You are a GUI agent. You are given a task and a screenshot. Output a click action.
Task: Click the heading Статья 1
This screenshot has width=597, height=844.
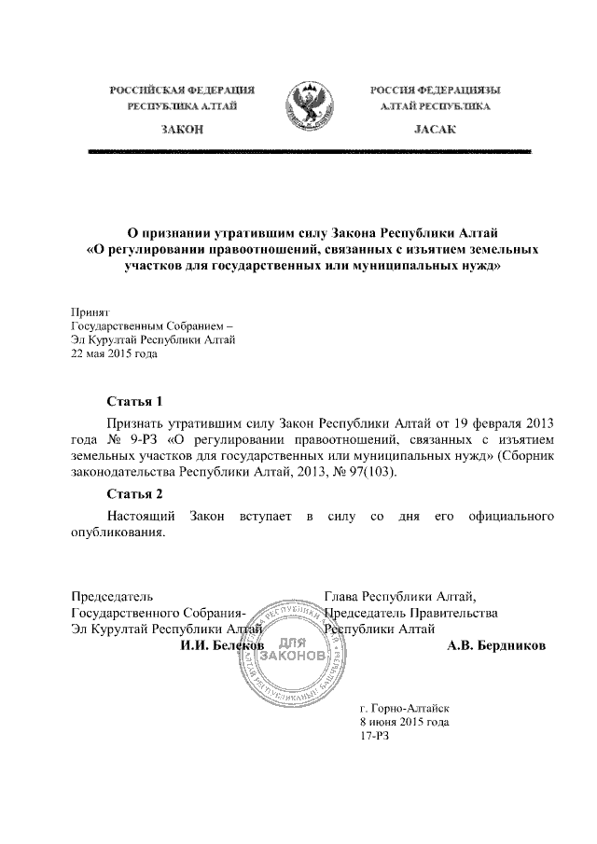(135, 402)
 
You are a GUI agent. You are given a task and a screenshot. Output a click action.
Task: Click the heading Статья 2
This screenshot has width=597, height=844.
(135, 493)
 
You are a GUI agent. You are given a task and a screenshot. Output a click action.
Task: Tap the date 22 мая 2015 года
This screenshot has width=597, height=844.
(115, 354)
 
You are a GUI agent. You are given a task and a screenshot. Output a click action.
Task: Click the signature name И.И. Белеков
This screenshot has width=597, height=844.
(222, 644)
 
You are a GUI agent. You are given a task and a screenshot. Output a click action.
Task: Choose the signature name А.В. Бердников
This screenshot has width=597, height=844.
(497, 644)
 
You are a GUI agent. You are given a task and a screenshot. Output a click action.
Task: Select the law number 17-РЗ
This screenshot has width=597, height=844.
(374, 736)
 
